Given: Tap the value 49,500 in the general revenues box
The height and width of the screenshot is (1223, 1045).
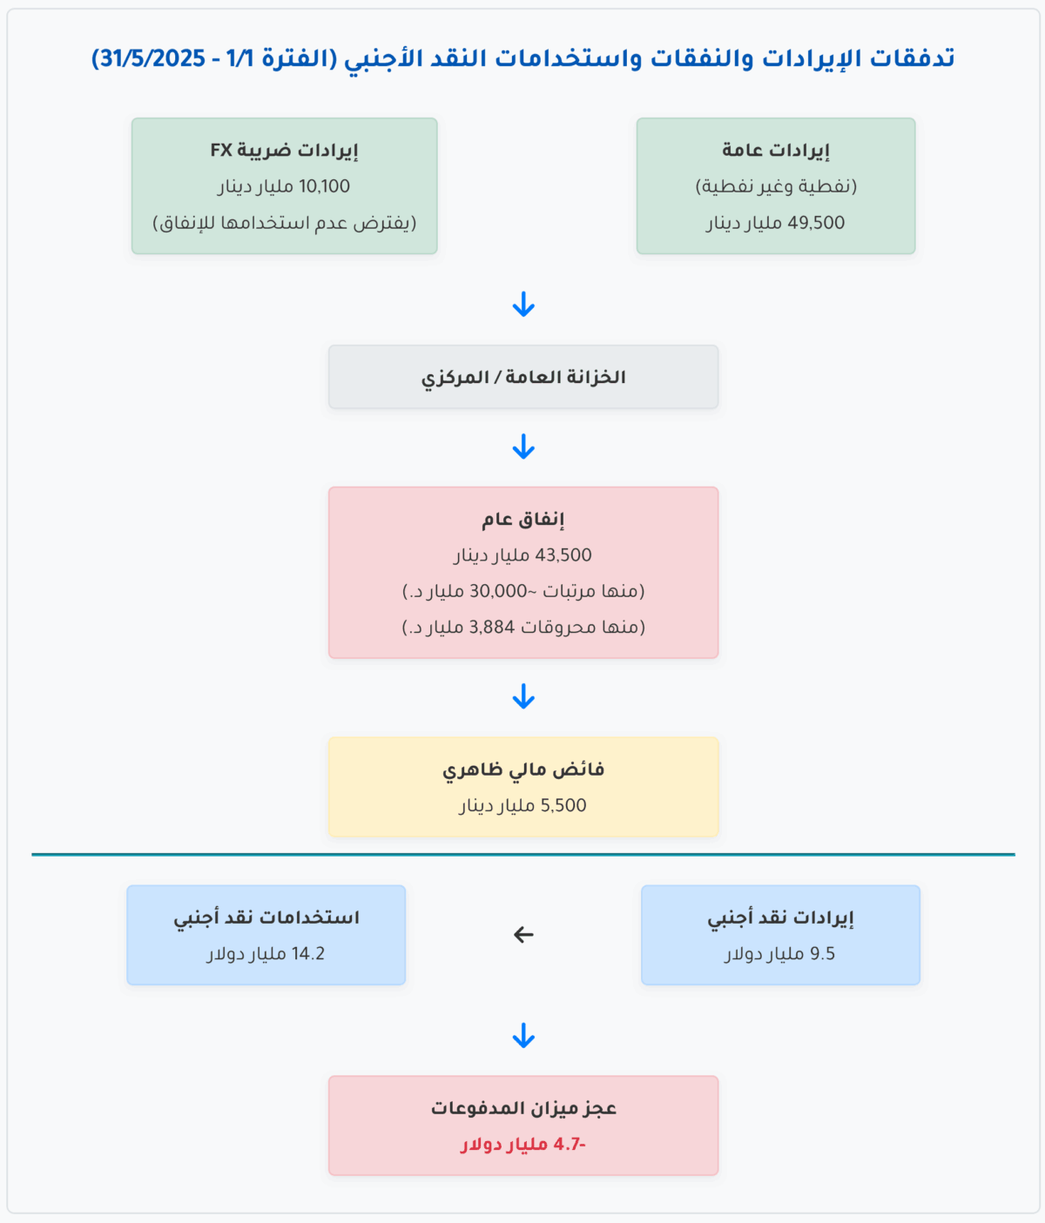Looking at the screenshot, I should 816,223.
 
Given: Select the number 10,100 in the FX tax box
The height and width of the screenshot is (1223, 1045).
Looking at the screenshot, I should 324,186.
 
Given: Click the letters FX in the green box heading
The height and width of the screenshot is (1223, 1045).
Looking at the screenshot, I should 221,150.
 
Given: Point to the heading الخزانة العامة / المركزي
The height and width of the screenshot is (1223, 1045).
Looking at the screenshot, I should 523,377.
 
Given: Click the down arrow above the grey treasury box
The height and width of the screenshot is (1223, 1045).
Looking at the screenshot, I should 523,306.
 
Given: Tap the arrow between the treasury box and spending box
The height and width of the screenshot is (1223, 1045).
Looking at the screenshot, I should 523,447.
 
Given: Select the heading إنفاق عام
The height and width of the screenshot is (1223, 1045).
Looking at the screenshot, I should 523,520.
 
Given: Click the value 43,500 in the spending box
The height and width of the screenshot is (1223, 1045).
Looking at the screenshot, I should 563,555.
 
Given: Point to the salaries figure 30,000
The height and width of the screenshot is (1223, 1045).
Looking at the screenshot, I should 498,591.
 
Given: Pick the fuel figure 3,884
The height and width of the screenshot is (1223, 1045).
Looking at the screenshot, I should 492,627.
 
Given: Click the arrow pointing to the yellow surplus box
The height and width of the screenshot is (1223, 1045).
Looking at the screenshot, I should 523,697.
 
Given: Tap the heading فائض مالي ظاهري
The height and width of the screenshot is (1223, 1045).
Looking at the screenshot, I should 523,769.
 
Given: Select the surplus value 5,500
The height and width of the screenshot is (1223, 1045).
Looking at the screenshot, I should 563,806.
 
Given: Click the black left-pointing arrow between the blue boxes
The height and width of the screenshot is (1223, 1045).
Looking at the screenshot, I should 523,935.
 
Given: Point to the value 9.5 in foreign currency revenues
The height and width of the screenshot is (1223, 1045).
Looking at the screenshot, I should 822,954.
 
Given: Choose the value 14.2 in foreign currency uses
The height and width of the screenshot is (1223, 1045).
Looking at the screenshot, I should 308,954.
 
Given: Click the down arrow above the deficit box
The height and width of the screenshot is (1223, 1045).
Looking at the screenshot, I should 523,1037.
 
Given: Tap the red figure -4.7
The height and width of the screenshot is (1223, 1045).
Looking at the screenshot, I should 570,1145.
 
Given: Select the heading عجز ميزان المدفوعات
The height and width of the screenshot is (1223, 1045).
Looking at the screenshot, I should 523,1108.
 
